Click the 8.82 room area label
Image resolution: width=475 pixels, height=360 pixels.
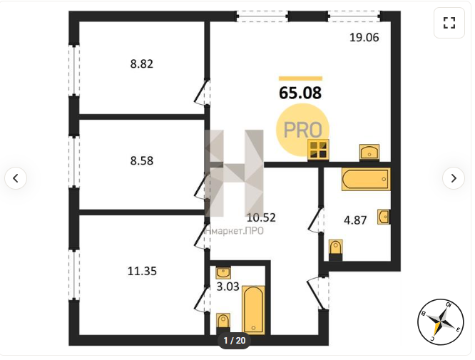[142, 64]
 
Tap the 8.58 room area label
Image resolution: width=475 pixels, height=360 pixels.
[142, 160]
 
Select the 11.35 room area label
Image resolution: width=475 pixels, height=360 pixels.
[142, 271]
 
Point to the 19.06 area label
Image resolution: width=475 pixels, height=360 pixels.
[364, 37]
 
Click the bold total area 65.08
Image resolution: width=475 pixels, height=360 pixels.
[300, 93]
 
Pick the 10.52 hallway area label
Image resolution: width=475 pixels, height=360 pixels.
[261, 217]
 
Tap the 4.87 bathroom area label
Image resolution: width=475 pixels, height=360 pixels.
[355, 220]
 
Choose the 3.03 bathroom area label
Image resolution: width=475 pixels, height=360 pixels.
[228, 286]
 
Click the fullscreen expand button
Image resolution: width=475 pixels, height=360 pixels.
[449, 23]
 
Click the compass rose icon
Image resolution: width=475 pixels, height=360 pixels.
[441, 322]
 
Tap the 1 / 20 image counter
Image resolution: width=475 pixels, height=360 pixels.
[235, 341]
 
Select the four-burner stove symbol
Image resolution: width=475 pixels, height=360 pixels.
[318, 150]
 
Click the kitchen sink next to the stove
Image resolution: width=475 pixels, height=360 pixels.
[369, 152]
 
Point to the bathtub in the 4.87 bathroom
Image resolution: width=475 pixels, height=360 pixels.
[366, 179]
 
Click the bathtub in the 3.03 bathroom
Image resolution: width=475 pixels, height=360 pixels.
[254, 309]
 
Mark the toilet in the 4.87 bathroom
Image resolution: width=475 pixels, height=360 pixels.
[335, 250]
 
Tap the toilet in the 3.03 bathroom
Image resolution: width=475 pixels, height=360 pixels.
[223, 324]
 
